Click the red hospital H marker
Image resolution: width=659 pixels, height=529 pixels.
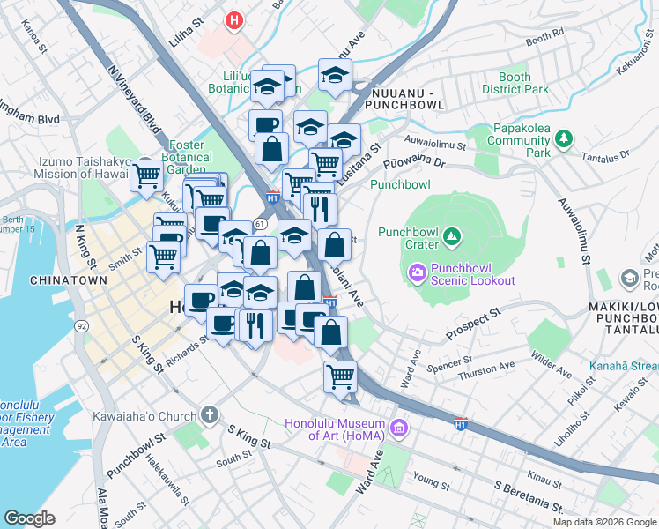[233, 19]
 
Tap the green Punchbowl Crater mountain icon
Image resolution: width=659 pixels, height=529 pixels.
[451, 236]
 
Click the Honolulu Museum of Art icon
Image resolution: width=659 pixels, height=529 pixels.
[399, 429]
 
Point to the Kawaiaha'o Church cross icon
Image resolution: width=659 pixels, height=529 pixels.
[210, 414]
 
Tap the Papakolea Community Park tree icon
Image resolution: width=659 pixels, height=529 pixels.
[564, 139]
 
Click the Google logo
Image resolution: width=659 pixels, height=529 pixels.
[29, 518]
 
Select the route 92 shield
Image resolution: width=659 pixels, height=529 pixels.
[82, 325]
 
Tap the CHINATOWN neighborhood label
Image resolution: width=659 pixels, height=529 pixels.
[69, 280]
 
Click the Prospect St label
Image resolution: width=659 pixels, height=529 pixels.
[472, 324]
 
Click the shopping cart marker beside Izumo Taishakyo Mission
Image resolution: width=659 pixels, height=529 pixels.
[147, 175]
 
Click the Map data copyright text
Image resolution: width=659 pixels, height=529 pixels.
[603, 522]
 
